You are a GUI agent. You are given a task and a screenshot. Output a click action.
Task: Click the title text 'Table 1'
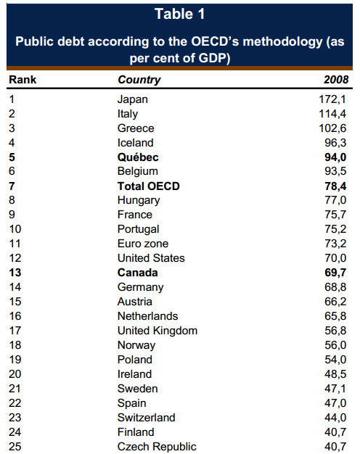click(x=180, y=14)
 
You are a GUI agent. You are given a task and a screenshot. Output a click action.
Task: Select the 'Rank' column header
click(x=22, y=80)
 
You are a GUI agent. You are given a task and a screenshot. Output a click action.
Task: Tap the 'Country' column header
click(x=139, y=80)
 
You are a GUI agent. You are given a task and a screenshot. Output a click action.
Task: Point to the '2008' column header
click(x=336, y=80)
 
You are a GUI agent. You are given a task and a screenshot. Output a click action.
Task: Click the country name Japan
click(x=133, y=99)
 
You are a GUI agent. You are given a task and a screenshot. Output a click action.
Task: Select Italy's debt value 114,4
click(x=332, y=114)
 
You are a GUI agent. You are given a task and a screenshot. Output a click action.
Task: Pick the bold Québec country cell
click(x=138, y=157)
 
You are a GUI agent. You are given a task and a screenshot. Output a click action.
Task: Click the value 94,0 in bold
click(x=335, y=157)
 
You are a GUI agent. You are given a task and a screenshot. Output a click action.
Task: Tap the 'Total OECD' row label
click(x=148, y=186)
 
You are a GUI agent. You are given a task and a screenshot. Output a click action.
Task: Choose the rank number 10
click(x=15, y=229)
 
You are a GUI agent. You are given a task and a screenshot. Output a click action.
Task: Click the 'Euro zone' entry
click(x=143, y=244)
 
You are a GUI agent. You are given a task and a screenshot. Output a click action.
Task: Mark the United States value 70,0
click(x=335, y=258)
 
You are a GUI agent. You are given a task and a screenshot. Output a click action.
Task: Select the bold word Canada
click(x=138, y=273)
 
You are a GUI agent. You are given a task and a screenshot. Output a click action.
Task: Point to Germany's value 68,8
click(x=335, y=287)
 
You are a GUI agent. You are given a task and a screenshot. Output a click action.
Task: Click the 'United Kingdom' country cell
click(x=157, y=331)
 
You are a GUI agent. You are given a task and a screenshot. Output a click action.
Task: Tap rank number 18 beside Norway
click(x=15, y=345)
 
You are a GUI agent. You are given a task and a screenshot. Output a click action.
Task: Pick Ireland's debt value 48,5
click(x=335, y=374)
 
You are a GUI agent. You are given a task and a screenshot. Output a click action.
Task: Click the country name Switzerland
click(x=147, y=418)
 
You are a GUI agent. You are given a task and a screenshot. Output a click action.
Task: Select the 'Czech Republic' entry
click(x=157, y=447)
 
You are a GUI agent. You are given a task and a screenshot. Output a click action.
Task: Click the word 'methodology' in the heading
click(x=282, y=42)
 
